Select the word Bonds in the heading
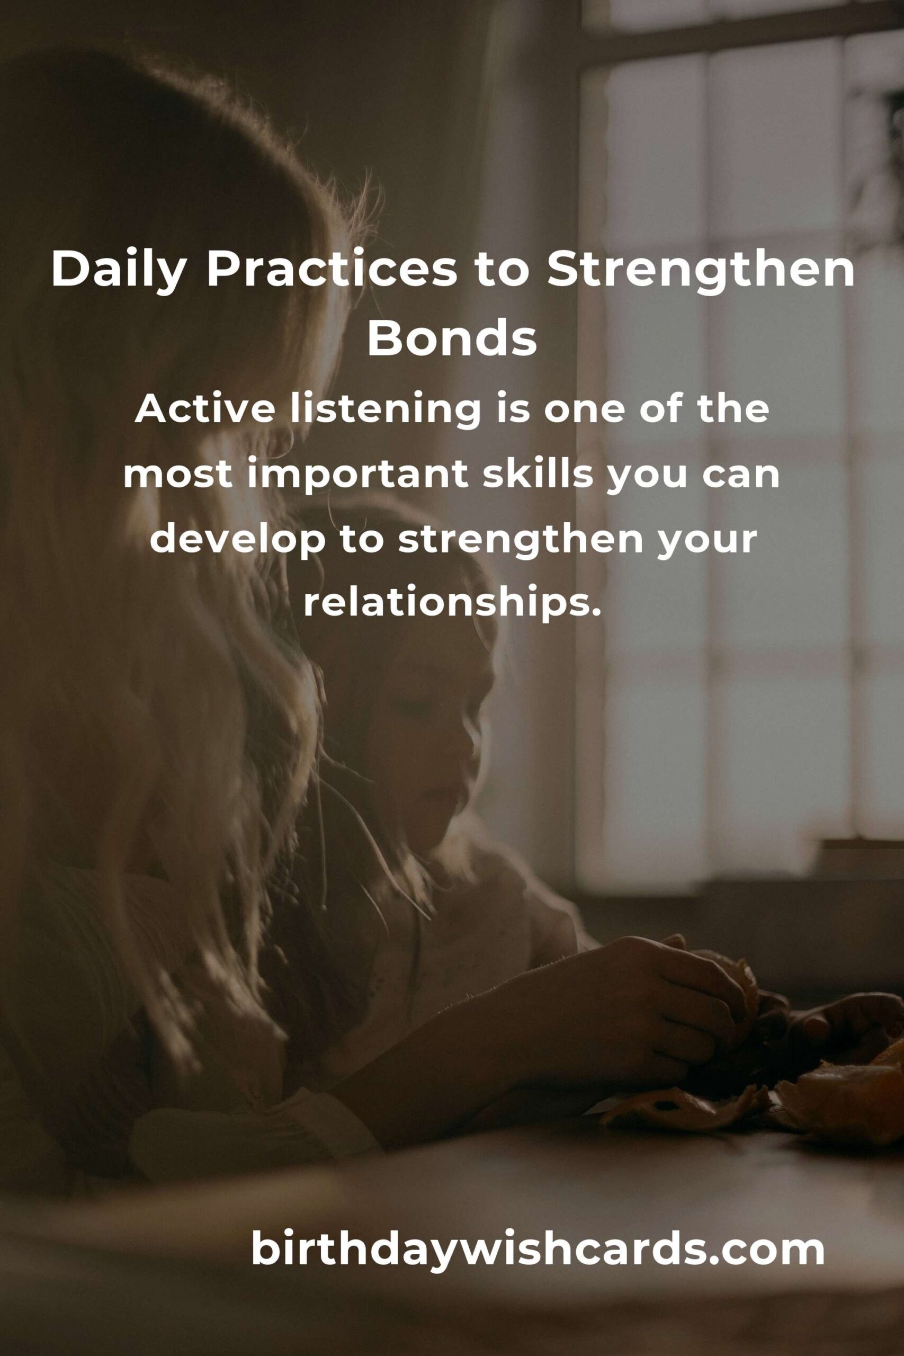(x=452, y=339)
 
